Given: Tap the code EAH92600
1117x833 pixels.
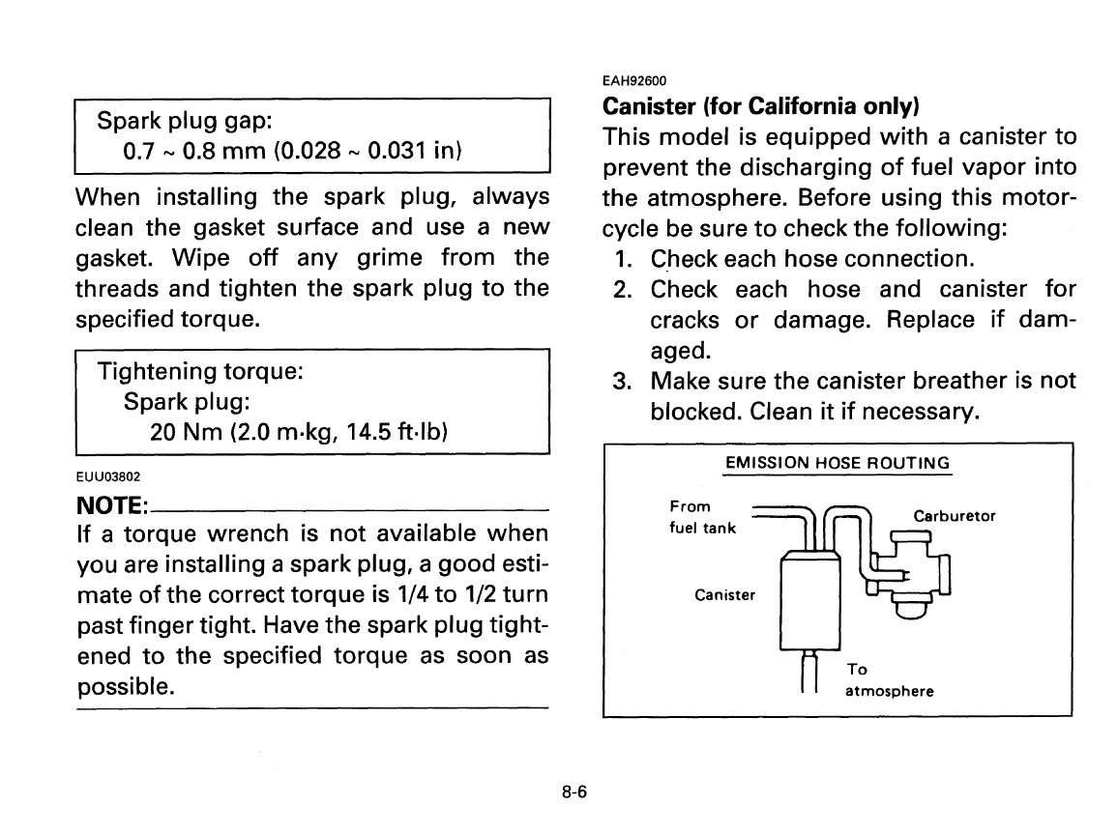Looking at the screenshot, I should pyautogui.click(x=635, y=80).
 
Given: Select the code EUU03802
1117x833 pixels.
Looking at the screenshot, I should pyautogui.click(x=109, y=476).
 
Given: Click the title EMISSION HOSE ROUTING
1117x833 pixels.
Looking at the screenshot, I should pyautogui.click(x=838, y=463).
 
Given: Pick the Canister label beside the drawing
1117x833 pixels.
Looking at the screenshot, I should pyautogui.click(x=725, y=594).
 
